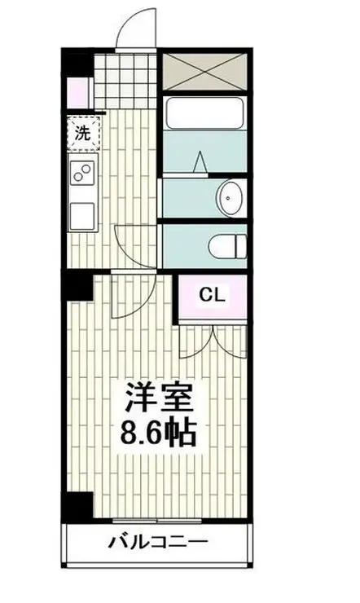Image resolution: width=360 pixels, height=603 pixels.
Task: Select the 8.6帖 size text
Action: click(x=159, y=432)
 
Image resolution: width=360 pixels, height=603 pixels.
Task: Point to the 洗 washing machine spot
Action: click(x=81, y=135)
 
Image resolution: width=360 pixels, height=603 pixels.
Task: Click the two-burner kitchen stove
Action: click(x=81, y=172)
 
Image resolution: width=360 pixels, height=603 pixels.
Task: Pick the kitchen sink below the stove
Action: click(x=81, y=215)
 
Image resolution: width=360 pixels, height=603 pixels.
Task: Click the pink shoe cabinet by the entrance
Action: click(x=77, y=92)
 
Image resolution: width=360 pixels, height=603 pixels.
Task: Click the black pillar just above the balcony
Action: click(x=78, y=507)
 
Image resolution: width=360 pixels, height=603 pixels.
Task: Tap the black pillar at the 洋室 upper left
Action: click(x=78, y=286)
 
